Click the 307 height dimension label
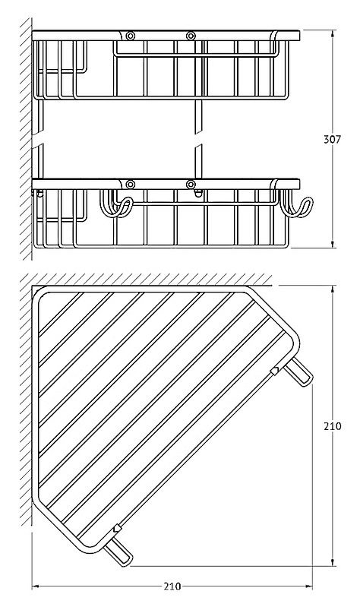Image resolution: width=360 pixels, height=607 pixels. pyautogui.click(x=332, y=139)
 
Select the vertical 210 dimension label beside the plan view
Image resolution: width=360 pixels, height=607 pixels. pyautogui.click(x=332, y=426)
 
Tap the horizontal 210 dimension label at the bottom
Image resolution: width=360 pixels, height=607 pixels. pyautogui.click(x=172, y=586)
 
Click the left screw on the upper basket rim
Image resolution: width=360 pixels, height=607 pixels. pyautogui.click(x=131, y=36)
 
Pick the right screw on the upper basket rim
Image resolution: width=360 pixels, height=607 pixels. pyautogui.click(x=191, y=36)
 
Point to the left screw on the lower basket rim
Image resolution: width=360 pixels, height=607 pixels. pyautogui.click(x=131, y=185)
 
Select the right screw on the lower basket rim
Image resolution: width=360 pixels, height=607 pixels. pyautogui.click(x=191, y=185)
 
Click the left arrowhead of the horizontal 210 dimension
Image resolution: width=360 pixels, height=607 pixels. pyautogui.click(x=36, y=587)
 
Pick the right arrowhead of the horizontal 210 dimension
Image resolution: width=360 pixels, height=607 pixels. pyautogui.click(x=308, y=587)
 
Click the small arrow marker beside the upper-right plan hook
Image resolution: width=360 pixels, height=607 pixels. pyautogui.click(x=274, y=371)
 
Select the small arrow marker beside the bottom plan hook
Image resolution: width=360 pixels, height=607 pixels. pyautogui.click(x=117, y=528)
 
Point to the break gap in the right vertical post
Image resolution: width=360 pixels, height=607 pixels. pyautogui.click(x=198, y=139)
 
